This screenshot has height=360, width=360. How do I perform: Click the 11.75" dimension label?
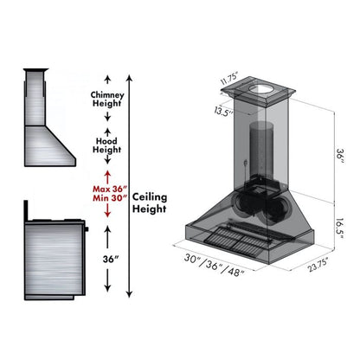[229, 79]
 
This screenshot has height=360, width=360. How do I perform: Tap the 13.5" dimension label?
[223, 111]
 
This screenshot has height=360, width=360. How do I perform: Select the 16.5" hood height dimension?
[340, 228]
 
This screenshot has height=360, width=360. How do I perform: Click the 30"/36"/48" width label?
[215, 265]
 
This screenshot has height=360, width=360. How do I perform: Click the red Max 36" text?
[110, 190]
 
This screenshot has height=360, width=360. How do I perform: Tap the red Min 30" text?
[110, 198]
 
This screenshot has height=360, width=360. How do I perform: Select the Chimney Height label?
[107, 99]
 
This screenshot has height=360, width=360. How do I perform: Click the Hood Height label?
[106, 145]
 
